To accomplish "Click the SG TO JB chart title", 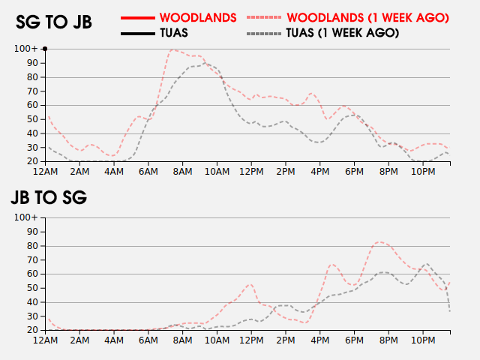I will [x=54, y=22].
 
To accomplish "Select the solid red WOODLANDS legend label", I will [x=198, y=16].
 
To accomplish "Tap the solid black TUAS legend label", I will [x=173, y=33].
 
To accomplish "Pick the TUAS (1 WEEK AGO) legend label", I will [x=343, y=33].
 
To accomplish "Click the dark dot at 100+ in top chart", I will [x=45, y=49].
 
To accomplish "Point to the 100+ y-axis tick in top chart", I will [x=26, y=49].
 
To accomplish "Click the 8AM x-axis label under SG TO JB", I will [x=182, y=172].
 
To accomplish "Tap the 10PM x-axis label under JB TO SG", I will [x=423, y=340].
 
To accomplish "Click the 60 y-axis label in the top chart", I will [x=32, y=105].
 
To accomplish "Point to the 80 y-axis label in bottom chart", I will [x=32, y=246].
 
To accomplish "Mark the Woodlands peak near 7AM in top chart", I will [x=173, y=49].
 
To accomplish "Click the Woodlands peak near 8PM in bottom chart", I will [x=381, y=241].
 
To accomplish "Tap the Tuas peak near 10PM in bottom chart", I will [x=427, y=264].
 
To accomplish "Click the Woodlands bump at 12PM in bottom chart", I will [x=250, y=284].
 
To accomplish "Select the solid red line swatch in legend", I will [x=137, y=16].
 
